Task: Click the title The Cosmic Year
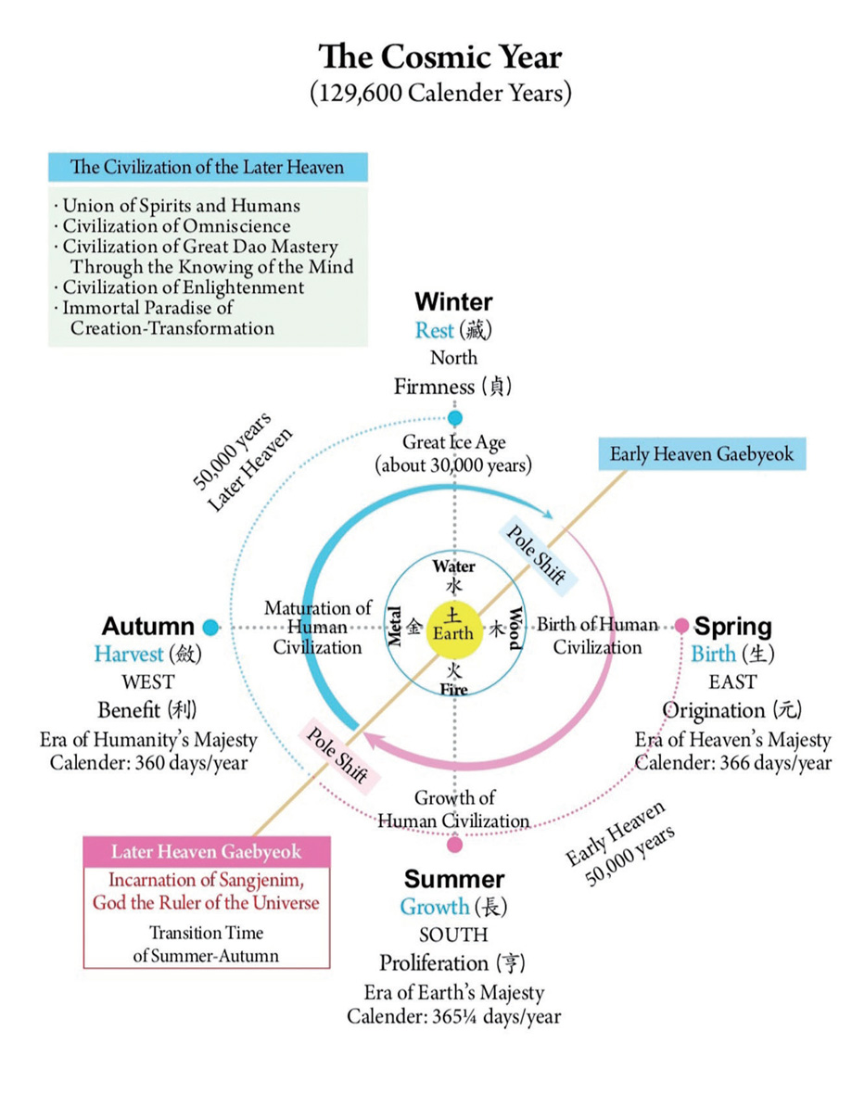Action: [x=440, y=57]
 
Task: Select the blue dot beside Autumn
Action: [x=210, y=627]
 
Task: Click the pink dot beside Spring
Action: [x=682, y=626]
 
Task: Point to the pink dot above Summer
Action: [x=454, y=845]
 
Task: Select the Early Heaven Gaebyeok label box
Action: [x=702, y=454]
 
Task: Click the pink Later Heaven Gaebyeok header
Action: [x=207, y=851]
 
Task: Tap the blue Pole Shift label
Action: [x=538, y=555]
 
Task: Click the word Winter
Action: [x=453, y=301]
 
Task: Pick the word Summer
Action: [x=454, y=879]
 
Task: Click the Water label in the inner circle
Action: [x=454, y=566]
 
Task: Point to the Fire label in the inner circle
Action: [x=454, y=689]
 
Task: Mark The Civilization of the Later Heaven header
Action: [x=207, y=168]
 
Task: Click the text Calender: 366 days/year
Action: [x=732, y=762]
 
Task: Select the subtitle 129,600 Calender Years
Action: [x=440, y=95]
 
